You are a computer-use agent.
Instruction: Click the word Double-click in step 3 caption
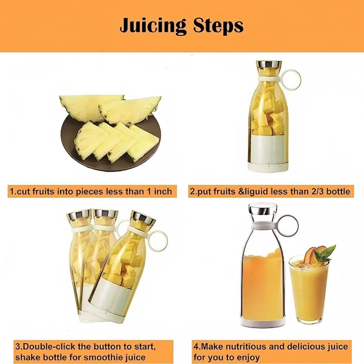pos(50,346)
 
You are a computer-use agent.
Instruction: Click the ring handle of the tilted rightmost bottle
pos(157,241)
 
